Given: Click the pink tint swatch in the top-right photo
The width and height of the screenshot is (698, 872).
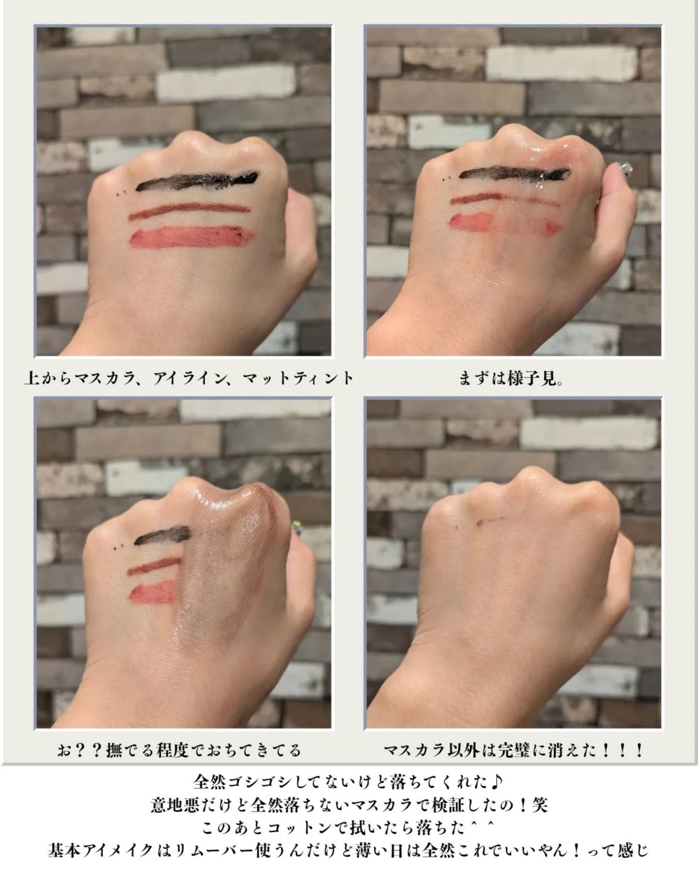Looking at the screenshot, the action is (505, 223).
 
